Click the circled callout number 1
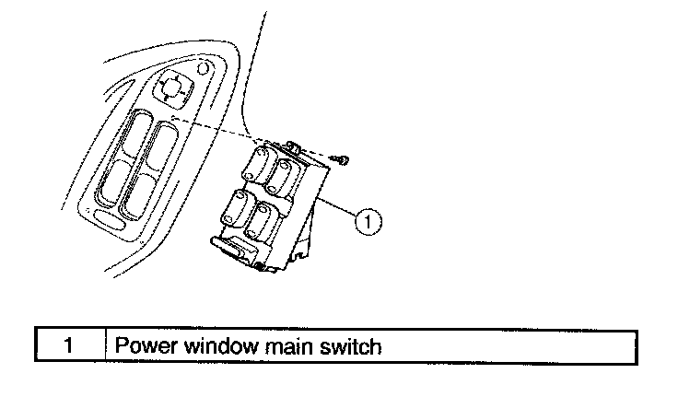367,220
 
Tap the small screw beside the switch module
342,160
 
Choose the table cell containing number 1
70,347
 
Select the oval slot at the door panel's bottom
111,221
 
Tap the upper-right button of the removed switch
288,173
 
